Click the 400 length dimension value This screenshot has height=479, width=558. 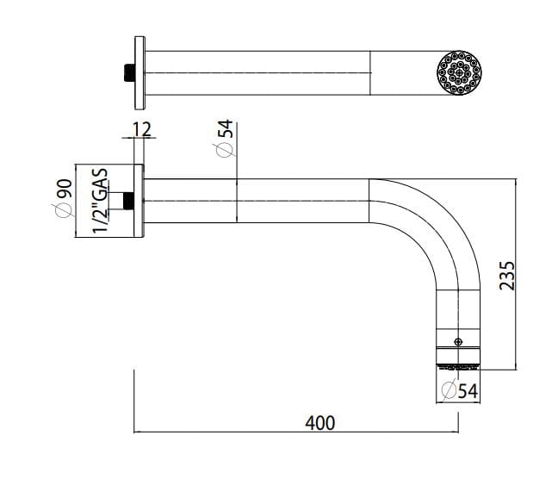[x=319, y=422]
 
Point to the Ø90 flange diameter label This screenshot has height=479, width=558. [x=62, y=200]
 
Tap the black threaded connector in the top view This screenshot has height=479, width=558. [x=129, y=72]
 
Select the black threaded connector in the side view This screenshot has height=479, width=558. [x=128, y=201]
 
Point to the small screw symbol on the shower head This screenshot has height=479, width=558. [x=458, y=341]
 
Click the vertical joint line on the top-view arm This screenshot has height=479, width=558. [x=371, y=72]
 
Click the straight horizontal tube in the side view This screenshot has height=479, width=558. [x=258, y=201]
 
